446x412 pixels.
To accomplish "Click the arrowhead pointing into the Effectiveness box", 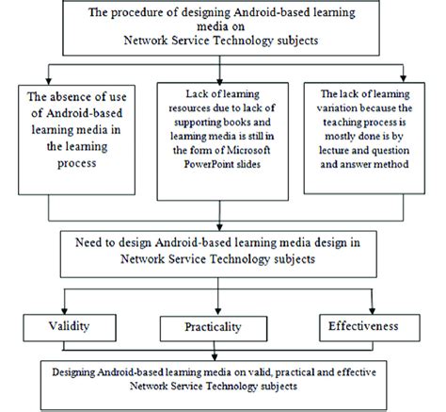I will pos(380,312).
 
